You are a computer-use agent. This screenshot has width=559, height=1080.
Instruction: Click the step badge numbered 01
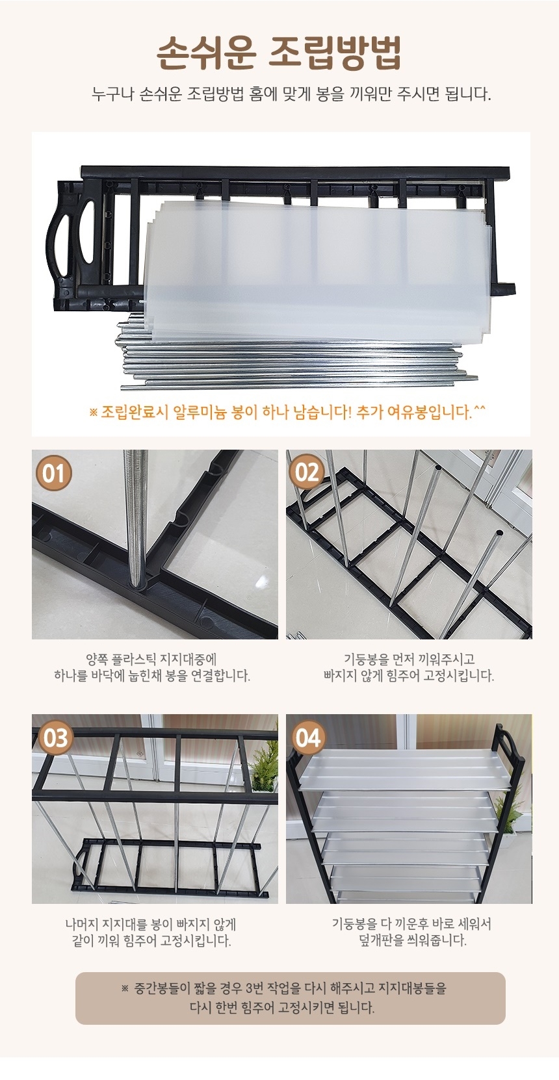53,473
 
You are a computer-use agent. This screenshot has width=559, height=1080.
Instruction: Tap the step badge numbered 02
307,472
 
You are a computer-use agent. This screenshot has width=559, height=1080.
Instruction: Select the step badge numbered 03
56,738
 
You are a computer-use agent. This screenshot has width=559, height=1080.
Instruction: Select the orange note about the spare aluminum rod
287,413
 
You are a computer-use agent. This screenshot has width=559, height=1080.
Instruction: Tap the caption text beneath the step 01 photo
152,667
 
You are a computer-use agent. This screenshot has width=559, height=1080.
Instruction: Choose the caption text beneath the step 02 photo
409,667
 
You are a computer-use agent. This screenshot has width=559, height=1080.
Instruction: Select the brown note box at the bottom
291,998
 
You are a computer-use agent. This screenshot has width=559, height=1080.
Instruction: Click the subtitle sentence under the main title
291,94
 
